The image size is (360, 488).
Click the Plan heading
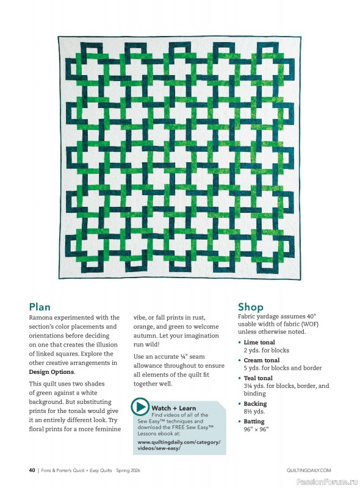40,307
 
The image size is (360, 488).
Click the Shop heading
251,307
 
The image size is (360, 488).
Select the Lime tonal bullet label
259,343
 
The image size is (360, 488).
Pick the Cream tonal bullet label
261,361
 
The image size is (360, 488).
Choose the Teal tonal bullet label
258,378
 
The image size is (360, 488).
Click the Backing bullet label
255,404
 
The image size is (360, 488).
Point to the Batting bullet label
254,422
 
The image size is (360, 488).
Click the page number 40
32,470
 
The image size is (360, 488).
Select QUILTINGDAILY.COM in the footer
308,470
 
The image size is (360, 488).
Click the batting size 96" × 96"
256,429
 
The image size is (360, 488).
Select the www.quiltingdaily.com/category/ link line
179,442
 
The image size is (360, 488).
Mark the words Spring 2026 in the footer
129,470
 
